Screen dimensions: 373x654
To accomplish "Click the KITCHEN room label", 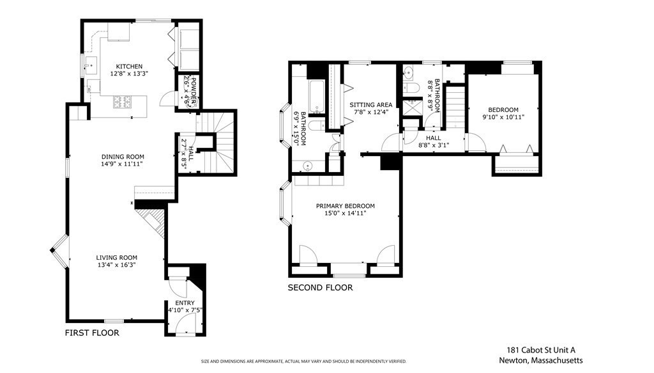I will pyautogui.click(x=128, y=67).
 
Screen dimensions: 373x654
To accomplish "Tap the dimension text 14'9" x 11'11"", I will pyautogui.click(x=123, y=164).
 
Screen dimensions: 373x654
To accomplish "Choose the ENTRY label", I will pyautogui.click(x=185, y=303).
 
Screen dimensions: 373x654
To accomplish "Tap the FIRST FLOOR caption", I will pyautogui.click(x=92, y=333).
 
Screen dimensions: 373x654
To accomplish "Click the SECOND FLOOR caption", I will pyautogui.click(x=319, y=288).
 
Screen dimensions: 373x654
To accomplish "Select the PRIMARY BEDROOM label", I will pyautogui.click(x=345, y=206).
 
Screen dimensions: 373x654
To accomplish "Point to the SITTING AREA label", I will pyautogui.click(x=370, y=104).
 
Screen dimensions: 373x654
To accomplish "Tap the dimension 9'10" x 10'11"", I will pyautogui.click(x=503, y=117).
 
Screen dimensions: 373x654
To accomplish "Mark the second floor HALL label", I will pyautogui.click(x=433, y=138).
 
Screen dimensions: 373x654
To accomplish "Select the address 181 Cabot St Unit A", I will pyautogui.click(x=541, y=350).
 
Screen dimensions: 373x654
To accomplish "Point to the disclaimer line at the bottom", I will pyautogui.click(x=304, y=361).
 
